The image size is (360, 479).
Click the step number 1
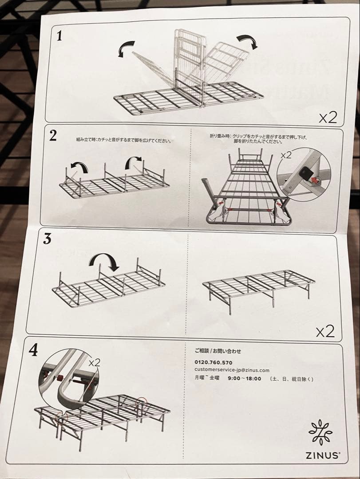[59, 35]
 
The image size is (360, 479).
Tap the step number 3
[47, 239]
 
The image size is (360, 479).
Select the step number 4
[33, 350]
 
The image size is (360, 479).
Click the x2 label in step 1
[328, 117]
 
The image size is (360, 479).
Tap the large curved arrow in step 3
[105, 262]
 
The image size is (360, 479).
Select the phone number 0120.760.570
[213, 362]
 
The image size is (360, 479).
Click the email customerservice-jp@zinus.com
[232, 370]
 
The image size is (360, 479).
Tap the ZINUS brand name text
[323, 455]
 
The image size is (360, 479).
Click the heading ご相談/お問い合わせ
[218, 351]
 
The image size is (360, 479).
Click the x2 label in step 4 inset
[94, 362]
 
